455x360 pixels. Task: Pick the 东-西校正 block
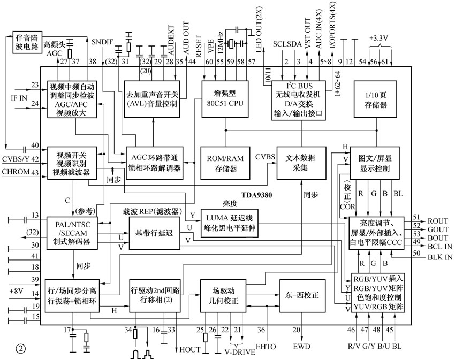click(x=301, y=295)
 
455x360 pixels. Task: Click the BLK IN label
click(x=439, y=257)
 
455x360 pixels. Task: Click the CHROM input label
click(x=16, y=171)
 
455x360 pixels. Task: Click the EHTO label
click(x=266, y=347)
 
